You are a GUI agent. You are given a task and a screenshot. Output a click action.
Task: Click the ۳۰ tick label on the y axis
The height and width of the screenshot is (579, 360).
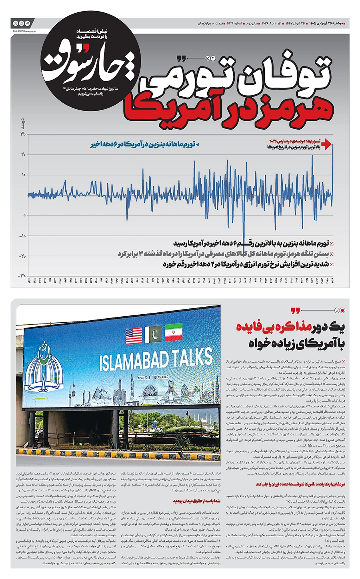coord(22,134)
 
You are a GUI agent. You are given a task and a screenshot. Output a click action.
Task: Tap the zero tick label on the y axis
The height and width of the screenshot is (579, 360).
coord(24,216)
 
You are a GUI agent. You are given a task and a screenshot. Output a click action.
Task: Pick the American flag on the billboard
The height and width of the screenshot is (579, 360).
coord(134,335)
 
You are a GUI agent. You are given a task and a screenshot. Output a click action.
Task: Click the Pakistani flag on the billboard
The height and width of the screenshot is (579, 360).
coord(153,334)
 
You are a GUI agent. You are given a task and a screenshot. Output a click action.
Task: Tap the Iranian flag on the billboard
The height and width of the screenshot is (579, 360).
coord(173,332)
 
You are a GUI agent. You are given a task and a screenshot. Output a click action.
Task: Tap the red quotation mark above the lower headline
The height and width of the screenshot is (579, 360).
coord(295,311)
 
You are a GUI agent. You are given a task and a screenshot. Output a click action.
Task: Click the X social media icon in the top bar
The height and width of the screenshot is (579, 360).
coord(16,23)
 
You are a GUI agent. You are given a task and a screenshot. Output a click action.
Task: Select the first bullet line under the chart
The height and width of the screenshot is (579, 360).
coord(250,243)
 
